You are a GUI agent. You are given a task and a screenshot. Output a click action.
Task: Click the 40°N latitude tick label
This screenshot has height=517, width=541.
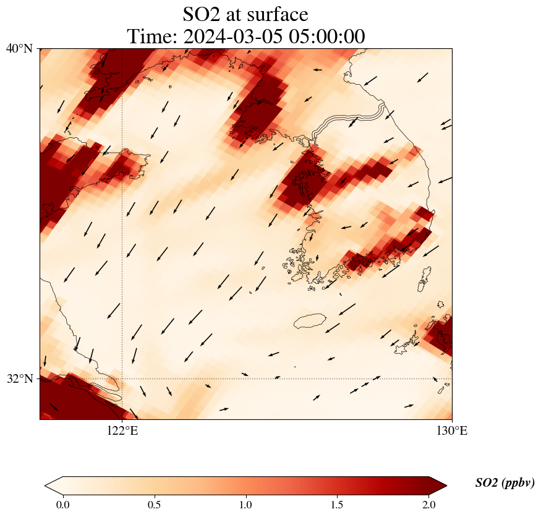(19, 48)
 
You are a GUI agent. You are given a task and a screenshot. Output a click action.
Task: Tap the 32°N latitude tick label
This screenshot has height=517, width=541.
(19, 378)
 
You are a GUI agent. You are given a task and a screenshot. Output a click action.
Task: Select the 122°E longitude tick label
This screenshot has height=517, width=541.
(122, 430)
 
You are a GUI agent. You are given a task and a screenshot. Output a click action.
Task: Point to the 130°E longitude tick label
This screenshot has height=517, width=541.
(452, 430)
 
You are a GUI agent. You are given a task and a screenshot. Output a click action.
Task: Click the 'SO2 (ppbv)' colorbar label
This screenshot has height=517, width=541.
(505, 483)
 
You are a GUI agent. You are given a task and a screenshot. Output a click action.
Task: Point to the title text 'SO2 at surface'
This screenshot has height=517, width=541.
(245, 14)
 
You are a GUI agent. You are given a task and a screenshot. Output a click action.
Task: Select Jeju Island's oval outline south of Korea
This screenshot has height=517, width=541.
(309, 321)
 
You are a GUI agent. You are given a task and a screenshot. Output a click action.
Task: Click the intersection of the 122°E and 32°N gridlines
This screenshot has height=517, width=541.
(122, 378)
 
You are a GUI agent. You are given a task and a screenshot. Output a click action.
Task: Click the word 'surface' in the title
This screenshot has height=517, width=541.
(275, 14)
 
